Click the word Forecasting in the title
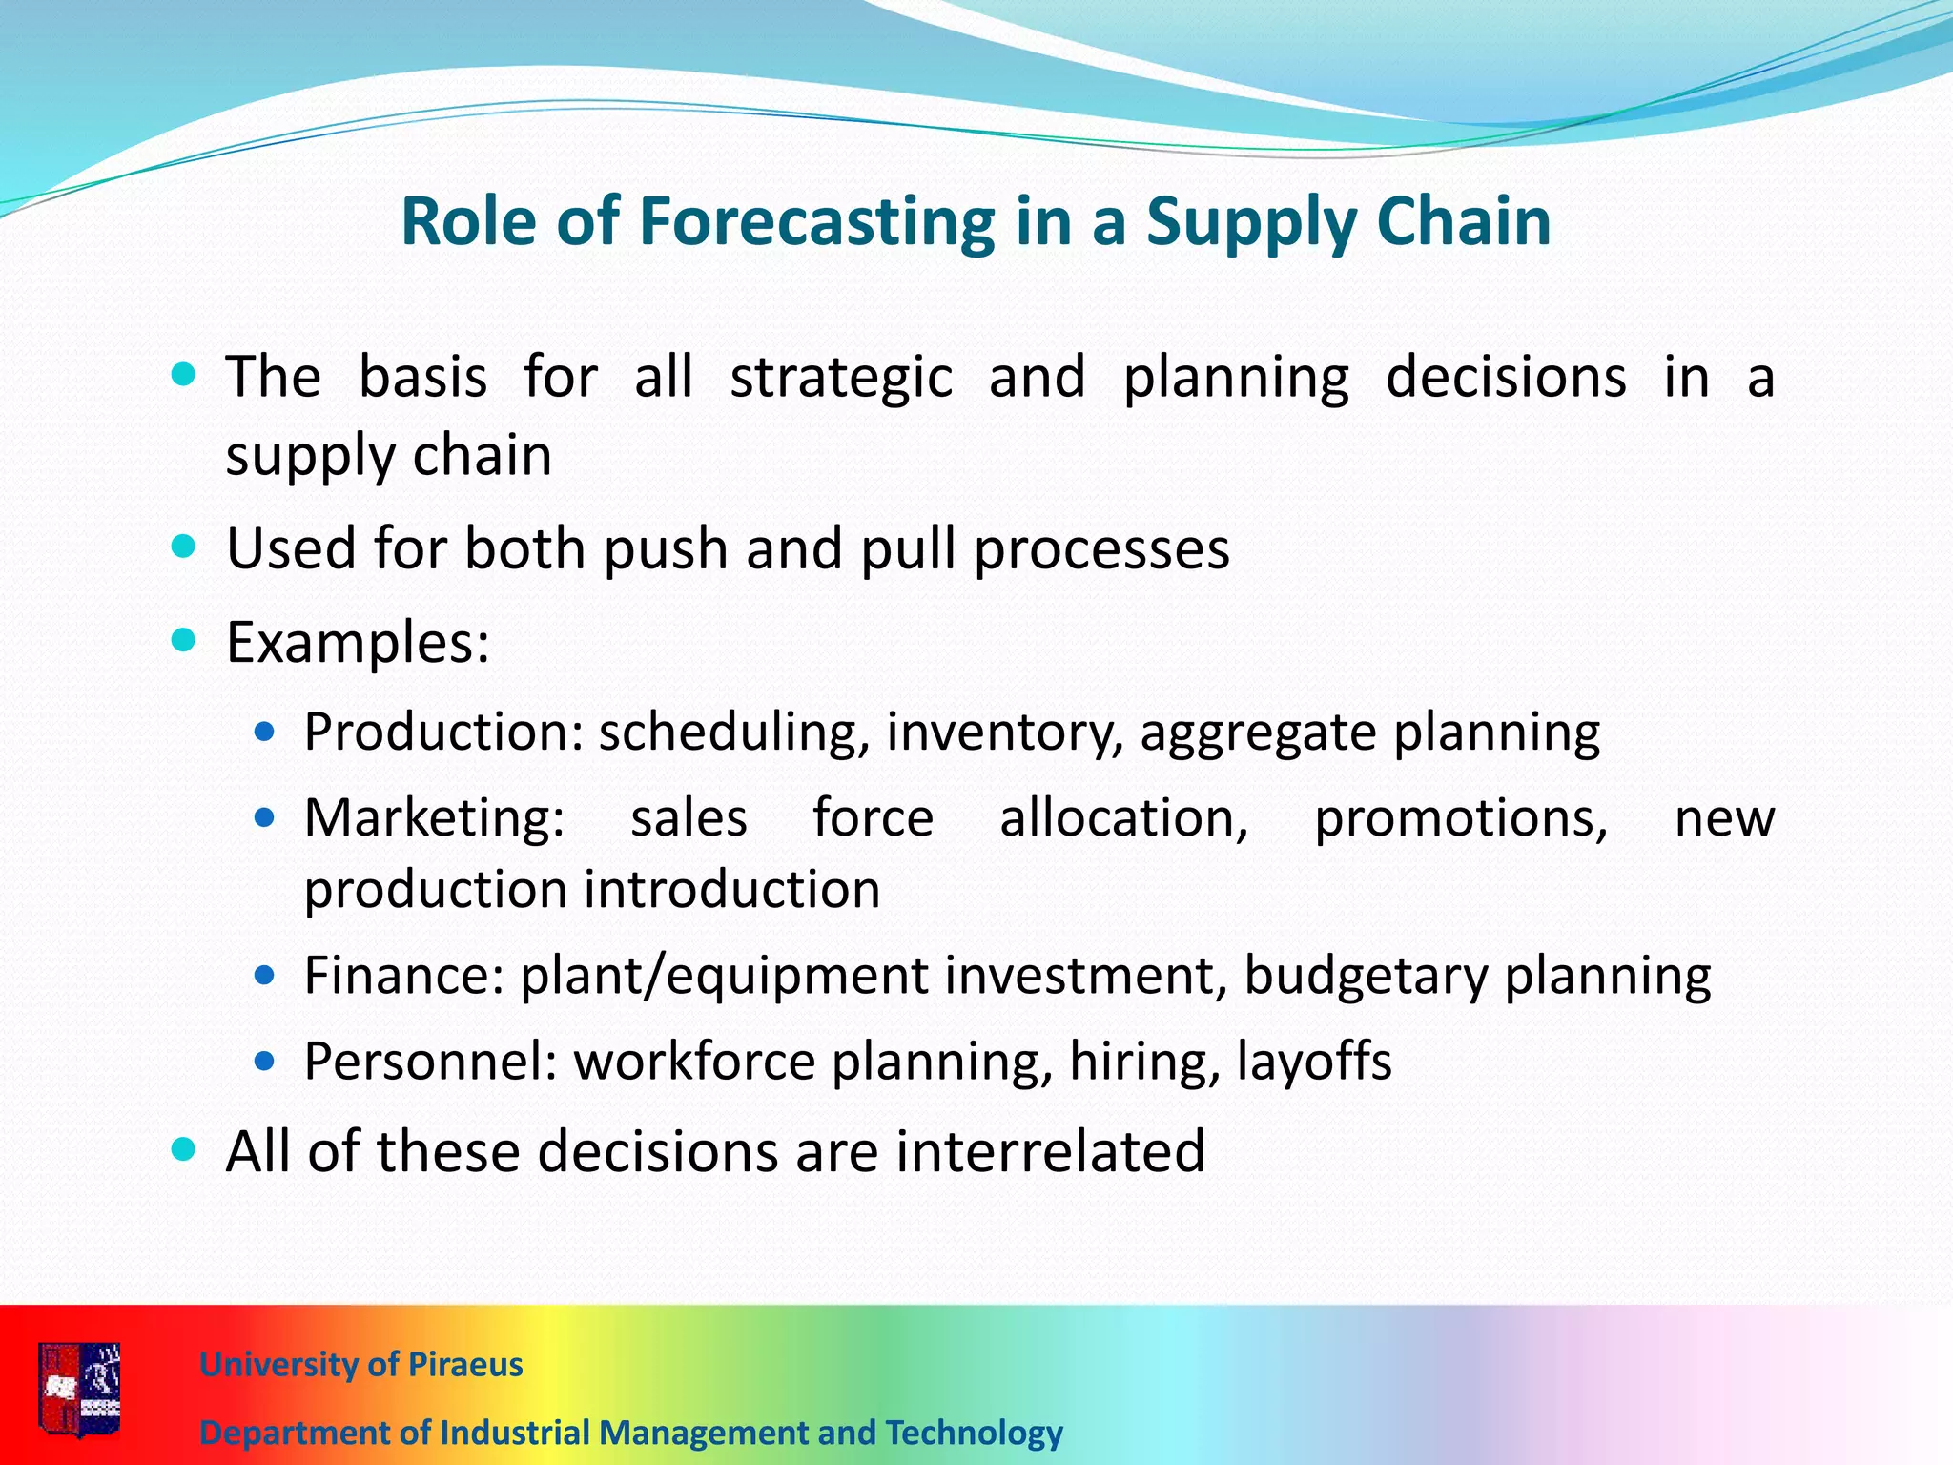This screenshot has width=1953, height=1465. click(x=816, y=222)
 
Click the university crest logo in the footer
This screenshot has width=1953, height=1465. click(x=80, y=1389)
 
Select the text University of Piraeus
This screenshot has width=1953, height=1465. click(x=360, y=1365)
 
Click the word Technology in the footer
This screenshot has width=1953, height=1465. click(x=974, y=1433)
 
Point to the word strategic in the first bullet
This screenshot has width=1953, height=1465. click(x=841, y=377)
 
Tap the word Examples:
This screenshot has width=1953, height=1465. click(x=358, y=643)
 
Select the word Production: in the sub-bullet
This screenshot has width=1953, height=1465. click(x=443, y=732)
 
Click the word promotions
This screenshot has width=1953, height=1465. click(x=1461, y=818)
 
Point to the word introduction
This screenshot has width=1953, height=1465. click(x=732, y=890)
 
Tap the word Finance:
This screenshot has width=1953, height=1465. click(x=403, y=976)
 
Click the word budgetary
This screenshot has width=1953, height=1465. click(x=1366, y=976)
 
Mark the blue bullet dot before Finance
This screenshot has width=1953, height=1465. click(x=265, y=976)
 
